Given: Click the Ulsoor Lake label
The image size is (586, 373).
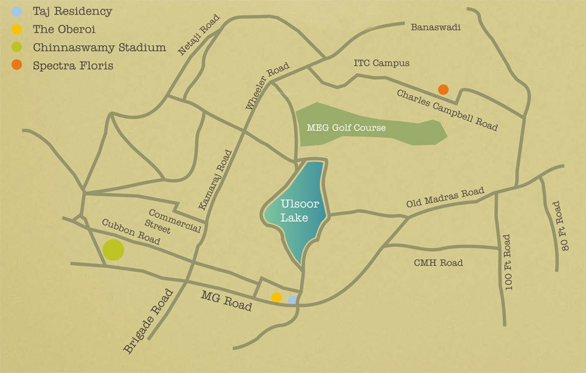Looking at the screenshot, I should click(x=294, y=211).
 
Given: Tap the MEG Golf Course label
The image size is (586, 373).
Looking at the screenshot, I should click(x=346, y=127).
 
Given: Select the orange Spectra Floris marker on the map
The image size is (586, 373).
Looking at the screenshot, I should click(x=444, y=90).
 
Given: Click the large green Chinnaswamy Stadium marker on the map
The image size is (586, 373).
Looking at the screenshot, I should click(x=113, y=250).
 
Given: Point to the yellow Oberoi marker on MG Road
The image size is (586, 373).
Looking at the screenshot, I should click(x=277, y=297).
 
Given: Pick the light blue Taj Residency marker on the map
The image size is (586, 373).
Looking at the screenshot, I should click(x=292, y=300).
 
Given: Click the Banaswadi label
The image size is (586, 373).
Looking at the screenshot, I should click(x=436, y=27).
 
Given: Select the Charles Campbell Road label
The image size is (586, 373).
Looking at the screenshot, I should click(x=447, y=110).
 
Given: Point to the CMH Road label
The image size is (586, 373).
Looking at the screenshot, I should click(x=438, y=263).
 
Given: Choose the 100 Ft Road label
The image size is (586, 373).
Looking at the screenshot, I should click(x=507, y=262).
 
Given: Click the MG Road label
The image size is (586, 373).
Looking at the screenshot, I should click(x=226, y=301).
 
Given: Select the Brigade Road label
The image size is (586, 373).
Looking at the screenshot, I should click(x=148, y=321).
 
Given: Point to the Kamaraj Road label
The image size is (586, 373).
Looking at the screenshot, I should click(x=215, y=180).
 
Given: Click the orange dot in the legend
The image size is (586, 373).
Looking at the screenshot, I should click(x=18, y=66).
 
